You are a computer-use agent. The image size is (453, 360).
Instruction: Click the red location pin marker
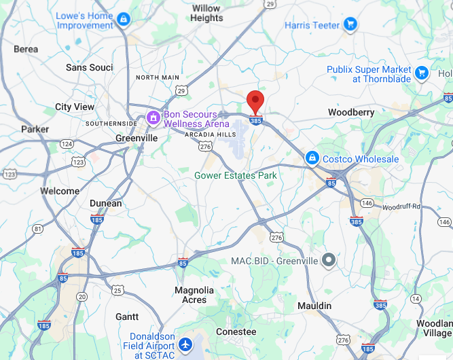[x=255, y=102]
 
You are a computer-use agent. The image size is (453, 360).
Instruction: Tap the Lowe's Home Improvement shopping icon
[x=123, y=20]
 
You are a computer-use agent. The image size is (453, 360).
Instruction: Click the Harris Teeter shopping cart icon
[x=350, y=25]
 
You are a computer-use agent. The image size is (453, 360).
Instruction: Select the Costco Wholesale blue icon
[x=312, y=158]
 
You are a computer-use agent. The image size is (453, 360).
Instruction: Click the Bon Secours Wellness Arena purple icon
[x=154, y=119]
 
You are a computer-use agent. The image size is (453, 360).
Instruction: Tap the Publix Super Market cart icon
[x=422, y=71]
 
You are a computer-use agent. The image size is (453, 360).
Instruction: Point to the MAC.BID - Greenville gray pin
[x=329, y=260]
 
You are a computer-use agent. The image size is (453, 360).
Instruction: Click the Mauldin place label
[x=315, y=306]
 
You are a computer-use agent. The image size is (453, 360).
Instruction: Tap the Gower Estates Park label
[x=236, y=175]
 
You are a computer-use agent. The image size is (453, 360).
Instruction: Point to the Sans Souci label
[x=89, y=67]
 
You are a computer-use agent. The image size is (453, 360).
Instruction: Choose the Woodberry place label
[x=351, y=112]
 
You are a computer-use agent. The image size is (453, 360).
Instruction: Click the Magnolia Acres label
[x=194, y=295]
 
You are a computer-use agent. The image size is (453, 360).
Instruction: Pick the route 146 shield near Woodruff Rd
[x=367, y=202]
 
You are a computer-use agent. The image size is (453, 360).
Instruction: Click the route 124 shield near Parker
[x=67, y=144]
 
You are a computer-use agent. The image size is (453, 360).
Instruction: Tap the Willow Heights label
[x=206, y=13]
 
